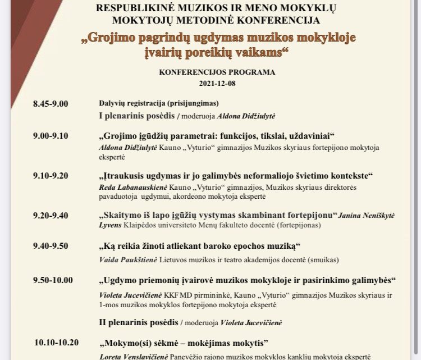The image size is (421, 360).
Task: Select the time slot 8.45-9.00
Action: point(51,103)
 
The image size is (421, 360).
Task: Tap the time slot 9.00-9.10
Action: point(51,136)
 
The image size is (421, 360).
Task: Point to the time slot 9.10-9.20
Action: point(51,176)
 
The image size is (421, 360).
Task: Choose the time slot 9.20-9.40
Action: point(51,215)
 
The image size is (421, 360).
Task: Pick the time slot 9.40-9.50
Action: point(51,247)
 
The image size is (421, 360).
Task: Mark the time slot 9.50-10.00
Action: point(53,280)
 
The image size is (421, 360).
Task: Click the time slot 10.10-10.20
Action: point(57,343)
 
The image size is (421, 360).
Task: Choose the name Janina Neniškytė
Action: point(365,216)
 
